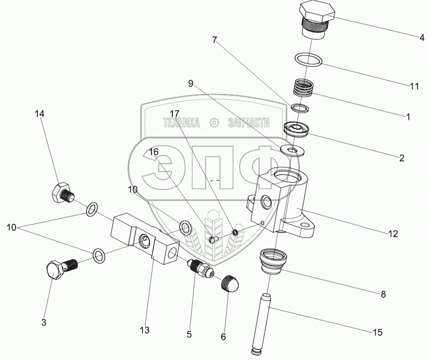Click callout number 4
point(421,37)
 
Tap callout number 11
point(414,86)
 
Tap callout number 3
point(43,323)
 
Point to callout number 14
point(39,114)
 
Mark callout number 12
point(393,233)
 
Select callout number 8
point(383,294)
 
